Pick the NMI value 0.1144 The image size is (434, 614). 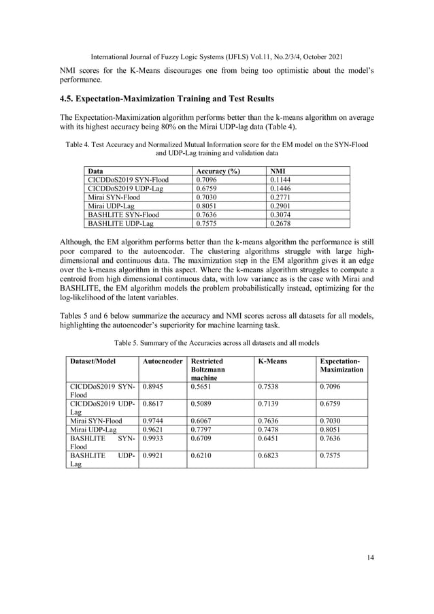(x=281, y=180)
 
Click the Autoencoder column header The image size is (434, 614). (x=161, y=360)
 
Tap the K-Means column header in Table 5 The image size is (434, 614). (x=273, y=360)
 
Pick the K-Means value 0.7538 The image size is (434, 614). (x=269, y=386)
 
